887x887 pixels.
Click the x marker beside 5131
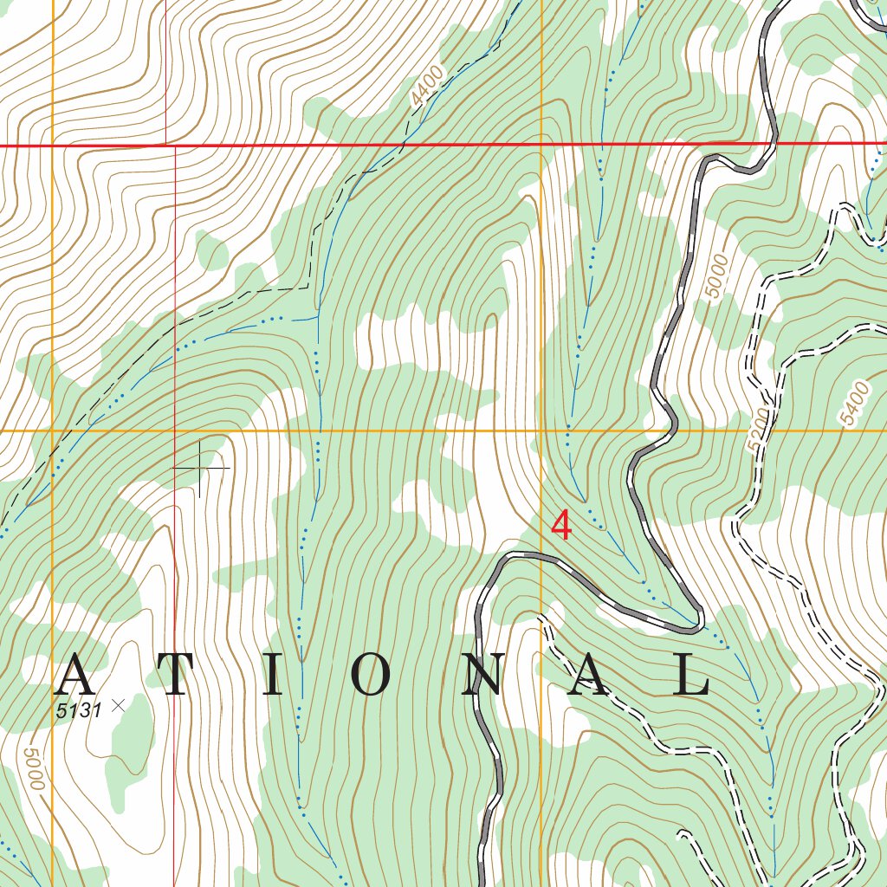click(119, 706)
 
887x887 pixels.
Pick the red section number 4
click(561, 525)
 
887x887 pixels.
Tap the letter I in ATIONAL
click(272, 676)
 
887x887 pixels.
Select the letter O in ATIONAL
click(370, 676)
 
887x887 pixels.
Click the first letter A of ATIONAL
click(74, 676)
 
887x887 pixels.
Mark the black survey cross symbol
click(200, 468)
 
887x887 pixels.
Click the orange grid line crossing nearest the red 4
click(541, 430)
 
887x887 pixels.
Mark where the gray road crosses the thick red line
click(774, 143)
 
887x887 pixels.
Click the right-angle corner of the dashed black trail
click(308, 286)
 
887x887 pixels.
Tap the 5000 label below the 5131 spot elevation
click(32, 768)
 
